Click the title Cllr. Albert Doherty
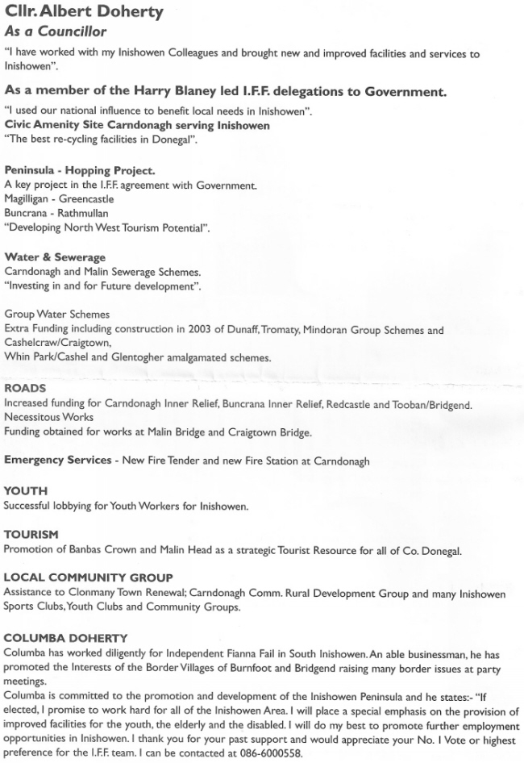[84, 12]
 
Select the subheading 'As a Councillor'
[56, 32]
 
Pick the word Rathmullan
[95, 214]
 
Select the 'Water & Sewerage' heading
[55, 257]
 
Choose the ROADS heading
[25, 389]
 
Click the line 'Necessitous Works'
[48, 417]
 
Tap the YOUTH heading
[26, 490]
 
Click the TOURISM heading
[31, 534]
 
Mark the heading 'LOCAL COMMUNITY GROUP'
[89, 577]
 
